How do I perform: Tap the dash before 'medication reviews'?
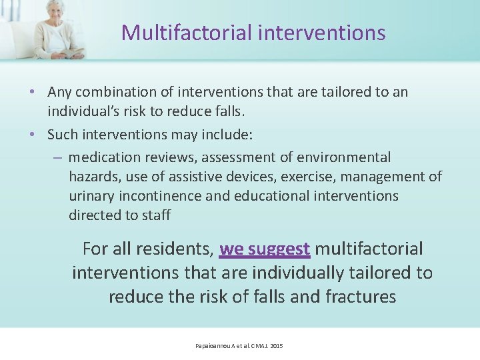coord(57,158)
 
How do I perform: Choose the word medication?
coord(103,157)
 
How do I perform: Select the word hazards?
coord(94,177)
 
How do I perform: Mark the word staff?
coord(157,215)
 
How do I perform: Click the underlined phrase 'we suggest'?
coord(265,249)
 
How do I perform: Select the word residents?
coord(174,249)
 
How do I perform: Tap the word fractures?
coord(360,296)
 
